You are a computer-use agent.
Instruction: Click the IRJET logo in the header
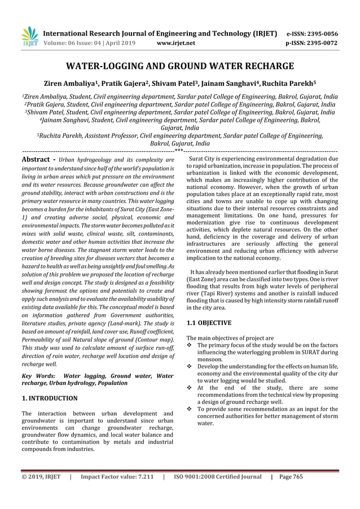(x=29, y=37)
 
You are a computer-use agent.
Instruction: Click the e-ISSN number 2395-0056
(x=329, y=33)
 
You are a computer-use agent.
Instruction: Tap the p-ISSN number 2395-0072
(x=329, y=42)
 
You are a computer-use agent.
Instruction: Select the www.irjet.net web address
(x=177, y=42)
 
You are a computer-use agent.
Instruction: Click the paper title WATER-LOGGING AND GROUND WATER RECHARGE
(x=180, y=65)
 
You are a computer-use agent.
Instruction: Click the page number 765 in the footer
(x=297, y=477)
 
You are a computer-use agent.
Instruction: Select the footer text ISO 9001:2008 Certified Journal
(x=217, y=477)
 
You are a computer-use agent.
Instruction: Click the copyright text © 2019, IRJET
(x=41, y=477)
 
